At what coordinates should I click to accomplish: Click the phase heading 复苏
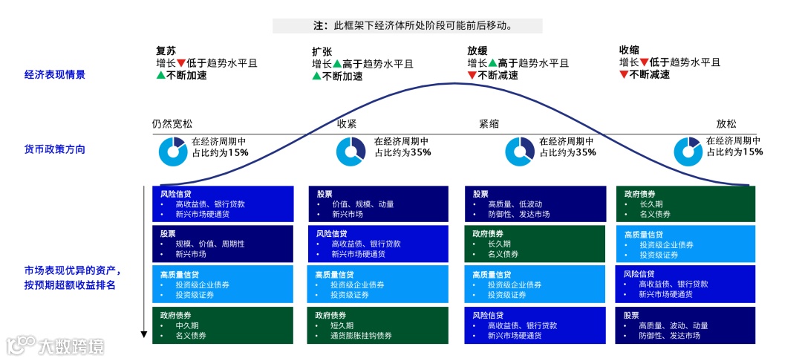[166, 51]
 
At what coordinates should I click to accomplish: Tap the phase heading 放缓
[477, 51]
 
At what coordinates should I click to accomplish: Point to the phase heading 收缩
[629, 51]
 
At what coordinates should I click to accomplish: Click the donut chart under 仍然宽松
[172, 151]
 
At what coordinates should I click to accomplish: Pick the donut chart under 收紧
[351, 151]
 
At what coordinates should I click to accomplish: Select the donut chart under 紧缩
[520, 151]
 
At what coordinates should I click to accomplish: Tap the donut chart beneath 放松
[688, 151]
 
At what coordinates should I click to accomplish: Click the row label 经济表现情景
[55, 74]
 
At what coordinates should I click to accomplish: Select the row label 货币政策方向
[55, 149]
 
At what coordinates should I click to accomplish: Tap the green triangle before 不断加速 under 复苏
[160, 75]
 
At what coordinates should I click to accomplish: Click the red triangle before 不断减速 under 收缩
[624, 75]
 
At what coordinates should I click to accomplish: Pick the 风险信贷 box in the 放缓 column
[535, 325]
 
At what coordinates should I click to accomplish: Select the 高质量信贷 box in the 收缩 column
[685, 244]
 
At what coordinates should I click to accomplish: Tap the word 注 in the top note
[319, 26]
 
